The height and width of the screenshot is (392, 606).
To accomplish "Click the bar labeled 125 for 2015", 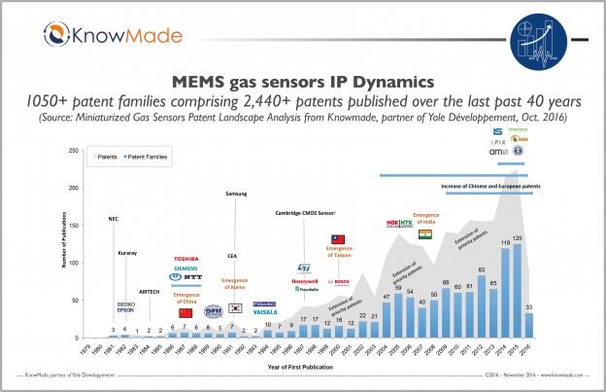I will [x=517, y=291].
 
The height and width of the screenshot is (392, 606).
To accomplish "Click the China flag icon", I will [x=185, y=312].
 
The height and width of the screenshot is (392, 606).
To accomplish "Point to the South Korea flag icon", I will [x=234, y=307].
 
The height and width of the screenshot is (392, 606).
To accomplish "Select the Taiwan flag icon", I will [x=338, y=238].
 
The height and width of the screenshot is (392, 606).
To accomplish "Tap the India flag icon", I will [x=425, y=234].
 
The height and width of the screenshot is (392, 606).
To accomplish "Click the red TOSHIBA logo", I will [x=185, y=258].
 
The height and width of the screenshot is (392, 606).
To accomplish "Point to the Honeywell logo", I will [x=304, y=281].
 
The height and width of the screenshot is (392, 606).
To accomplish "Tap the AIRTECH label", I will [x=149, y=291].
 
